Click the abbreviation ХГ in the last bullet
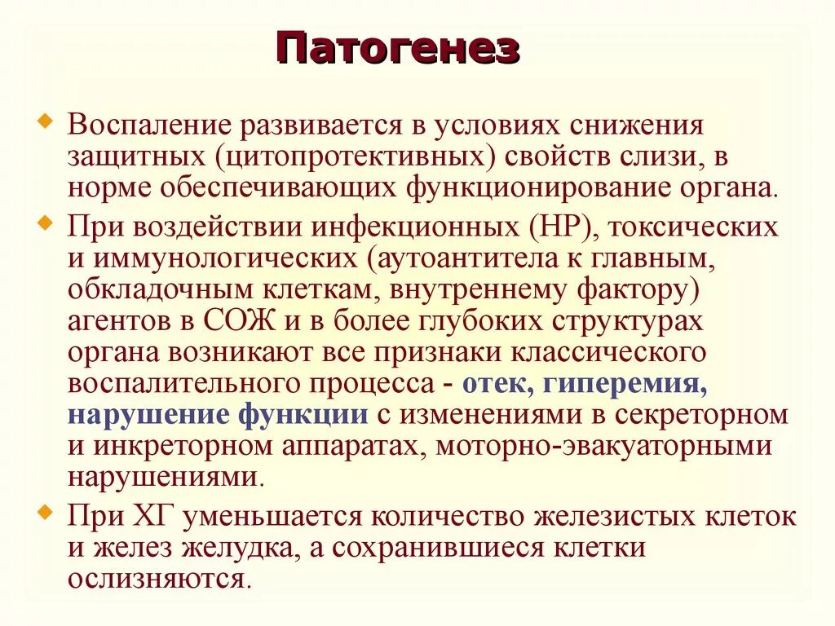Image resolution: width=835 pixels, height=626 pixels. [x=164, y=515]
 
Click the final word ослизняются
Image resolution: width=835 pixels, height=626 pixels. [x=157, y=578]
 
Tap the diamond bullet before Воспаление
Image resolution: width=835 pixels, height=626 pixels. [x=46, y=123]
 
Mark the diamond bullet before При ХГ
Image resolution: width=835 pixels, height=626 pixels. [x=46, y=512]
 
